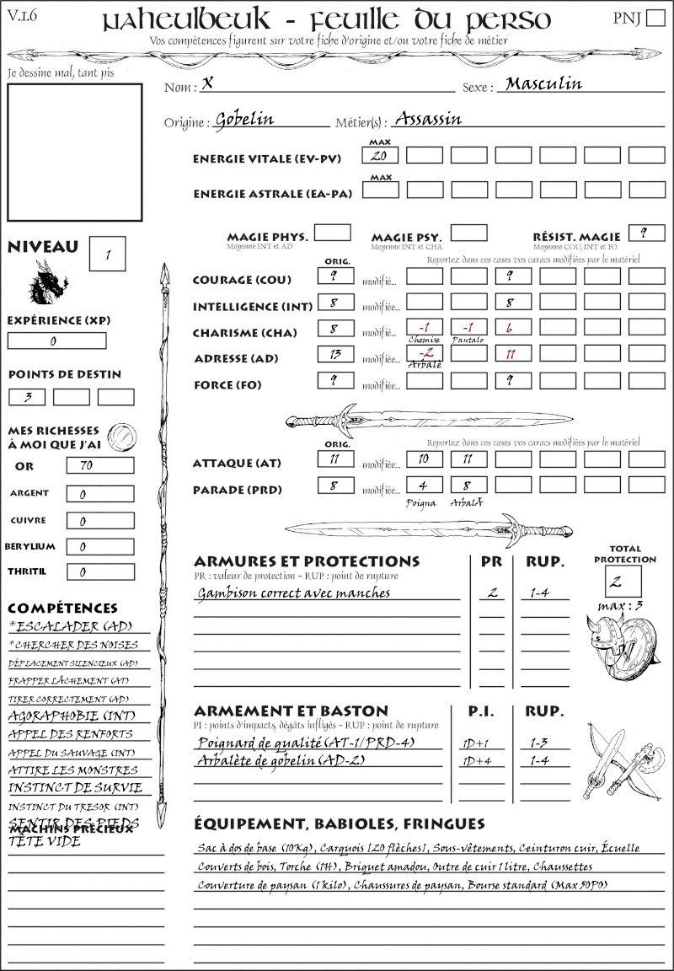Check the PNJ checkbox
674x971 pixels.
[654, 19]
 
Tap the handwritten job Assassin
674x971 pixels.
[428, 119]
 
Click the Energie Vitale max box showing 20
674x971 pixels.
[380, 156]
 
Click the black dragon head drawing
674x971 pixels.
[47, 283]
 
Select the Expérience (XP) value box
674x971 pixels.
[56, 341]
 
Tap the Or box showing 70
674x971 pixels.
[99, 465]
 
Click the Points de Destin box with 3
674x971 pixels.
[27, 397]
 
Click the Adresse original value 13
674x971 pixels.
[335, 355]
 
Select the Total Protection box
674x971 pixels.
[623, 581]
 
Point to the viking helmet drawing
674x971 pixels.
[608, 641]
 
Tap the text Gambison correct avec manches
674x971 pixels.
[293, 593]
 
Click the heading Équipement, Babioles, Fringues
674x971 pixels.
[339, 823]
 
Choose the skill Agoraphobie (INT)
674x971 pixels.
[72, 716]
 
